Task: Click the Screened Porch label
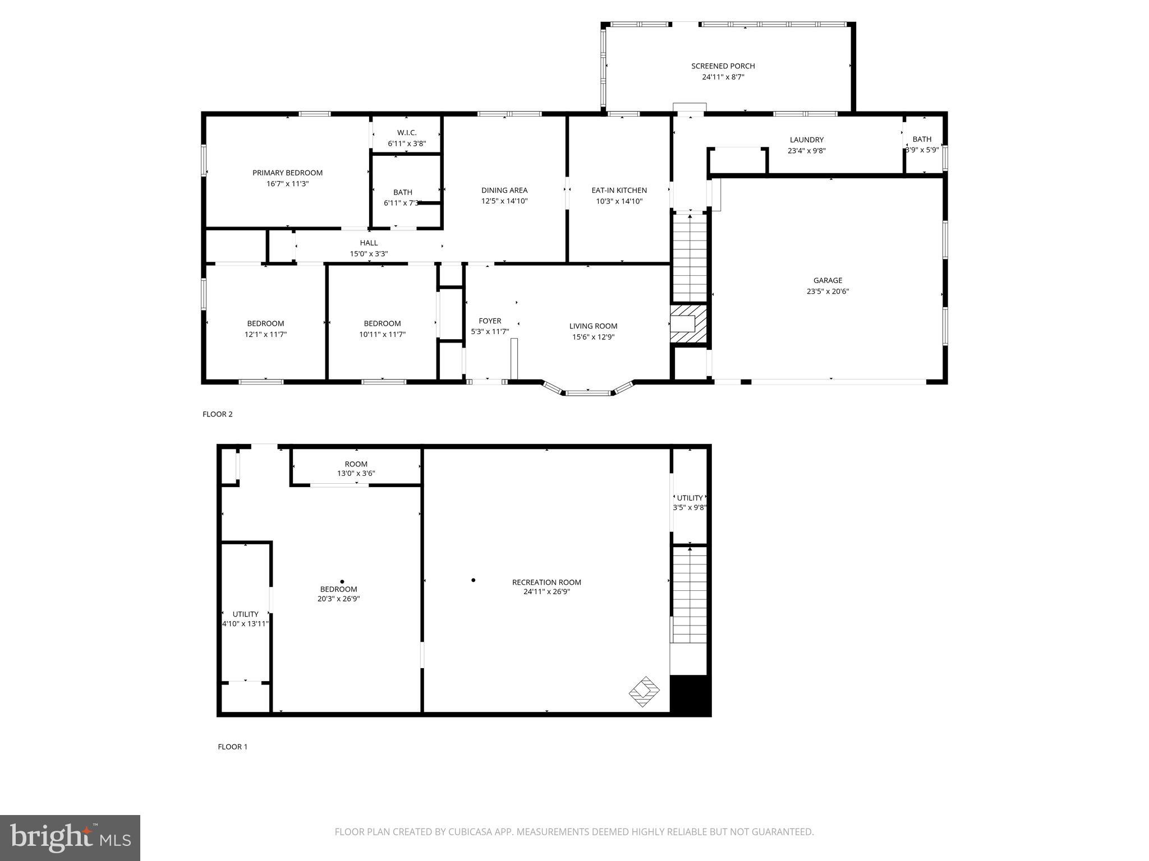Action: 723,66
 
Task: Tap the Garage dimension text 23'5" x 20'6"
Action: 828,291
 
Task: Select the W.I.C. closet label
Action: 406,133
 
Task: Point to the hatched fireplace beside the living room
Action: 688,323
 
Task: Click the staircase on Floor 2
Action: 690,258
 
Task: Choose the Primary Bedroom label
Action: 287,173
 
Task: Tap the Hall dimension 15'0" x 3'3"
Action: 369,254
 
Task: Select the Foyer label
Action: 490,321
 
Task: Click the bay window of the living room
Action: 587,392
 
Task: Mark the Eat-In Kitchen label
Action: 619,191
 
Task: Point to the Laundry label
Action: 806,140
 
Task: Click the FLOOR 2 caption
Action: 217,414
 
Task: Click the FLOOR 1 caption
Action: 232,747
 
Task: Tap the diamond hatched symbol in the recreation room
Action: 644,691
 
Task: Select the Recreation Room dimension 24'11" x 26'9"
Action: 546,592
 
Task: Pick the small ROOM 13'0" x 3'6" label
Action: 356,469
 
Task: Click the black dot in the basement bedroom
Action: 342,582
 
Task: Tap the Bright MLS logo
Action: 70,837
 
